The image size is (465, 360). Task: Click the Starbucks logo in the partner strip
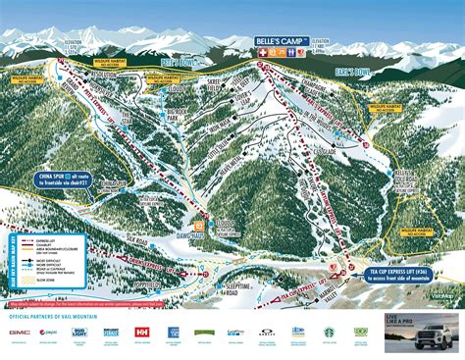click(329, 333)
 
